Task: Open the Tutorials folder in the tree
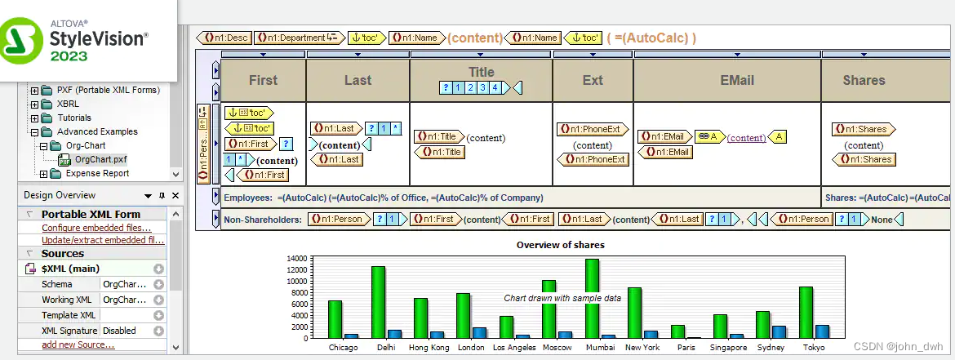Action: (79, 118)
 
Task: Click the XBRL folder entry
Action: (68, 104)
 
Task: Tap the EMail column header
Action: (726, 80)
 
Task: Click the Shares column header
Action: (864, 80)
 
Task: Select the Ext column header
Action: (593, 80)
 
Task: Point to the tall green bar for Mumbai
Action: (592, 298)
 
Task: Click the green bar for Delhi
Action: (378, 302)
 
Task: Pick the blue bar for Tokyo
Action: (822, 331)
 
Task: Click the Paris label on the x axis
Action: (685, 348)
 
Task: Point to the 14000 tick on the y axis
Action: (295, 258)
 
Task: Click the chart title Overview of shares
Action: (560, 245)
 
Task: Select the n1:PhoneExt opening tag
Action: (591, 129)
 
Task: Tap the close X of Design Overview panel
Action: (175, 196)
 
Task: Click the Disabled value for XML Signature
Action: (119, 331)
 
